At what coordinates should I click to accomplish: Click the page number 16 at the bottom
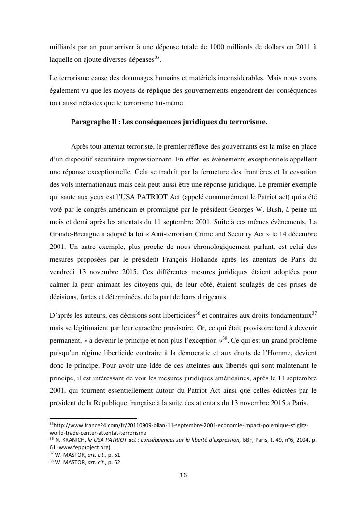click(x=183, y=475)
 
